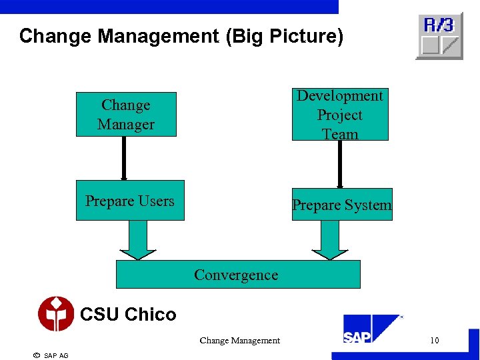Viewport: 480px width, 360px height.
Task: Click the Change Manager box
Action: (x=126, y=115)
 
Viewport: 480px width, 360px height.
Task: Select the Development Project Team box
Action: (x=340, y=115)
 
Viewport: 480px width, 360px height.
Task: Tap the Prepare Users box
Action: (x=130, y=201)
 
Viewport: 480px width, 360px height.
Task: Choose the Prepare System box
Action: (x=342, y=205)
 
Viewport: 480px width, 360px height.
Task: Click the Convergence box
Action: (x=238, y=275)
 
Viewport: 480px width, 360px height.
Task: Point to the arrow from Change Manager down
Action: (x=124, y=159)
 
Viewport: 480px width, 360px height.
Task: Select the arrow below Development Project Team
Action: (x=339, y=164)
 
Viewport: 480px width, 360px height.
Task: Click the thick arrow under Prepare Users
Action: (x=137, y=240)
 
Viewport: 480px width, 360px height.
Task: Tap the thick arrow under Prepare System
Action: (x=330, y=240)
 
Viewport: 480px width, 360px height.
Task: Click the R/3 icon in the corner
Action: (x=439, y=35)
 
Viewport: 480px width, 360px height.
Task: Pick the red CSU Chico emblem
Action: (x=56, y=314)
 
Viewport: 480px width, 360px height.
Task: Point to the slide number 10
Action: (x=434, y=341)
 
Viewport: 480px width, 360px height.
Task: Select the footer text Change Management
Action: (x=239, y=341)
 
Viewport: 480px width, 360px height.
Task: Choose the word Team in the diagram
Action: (x=340, y=134)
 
